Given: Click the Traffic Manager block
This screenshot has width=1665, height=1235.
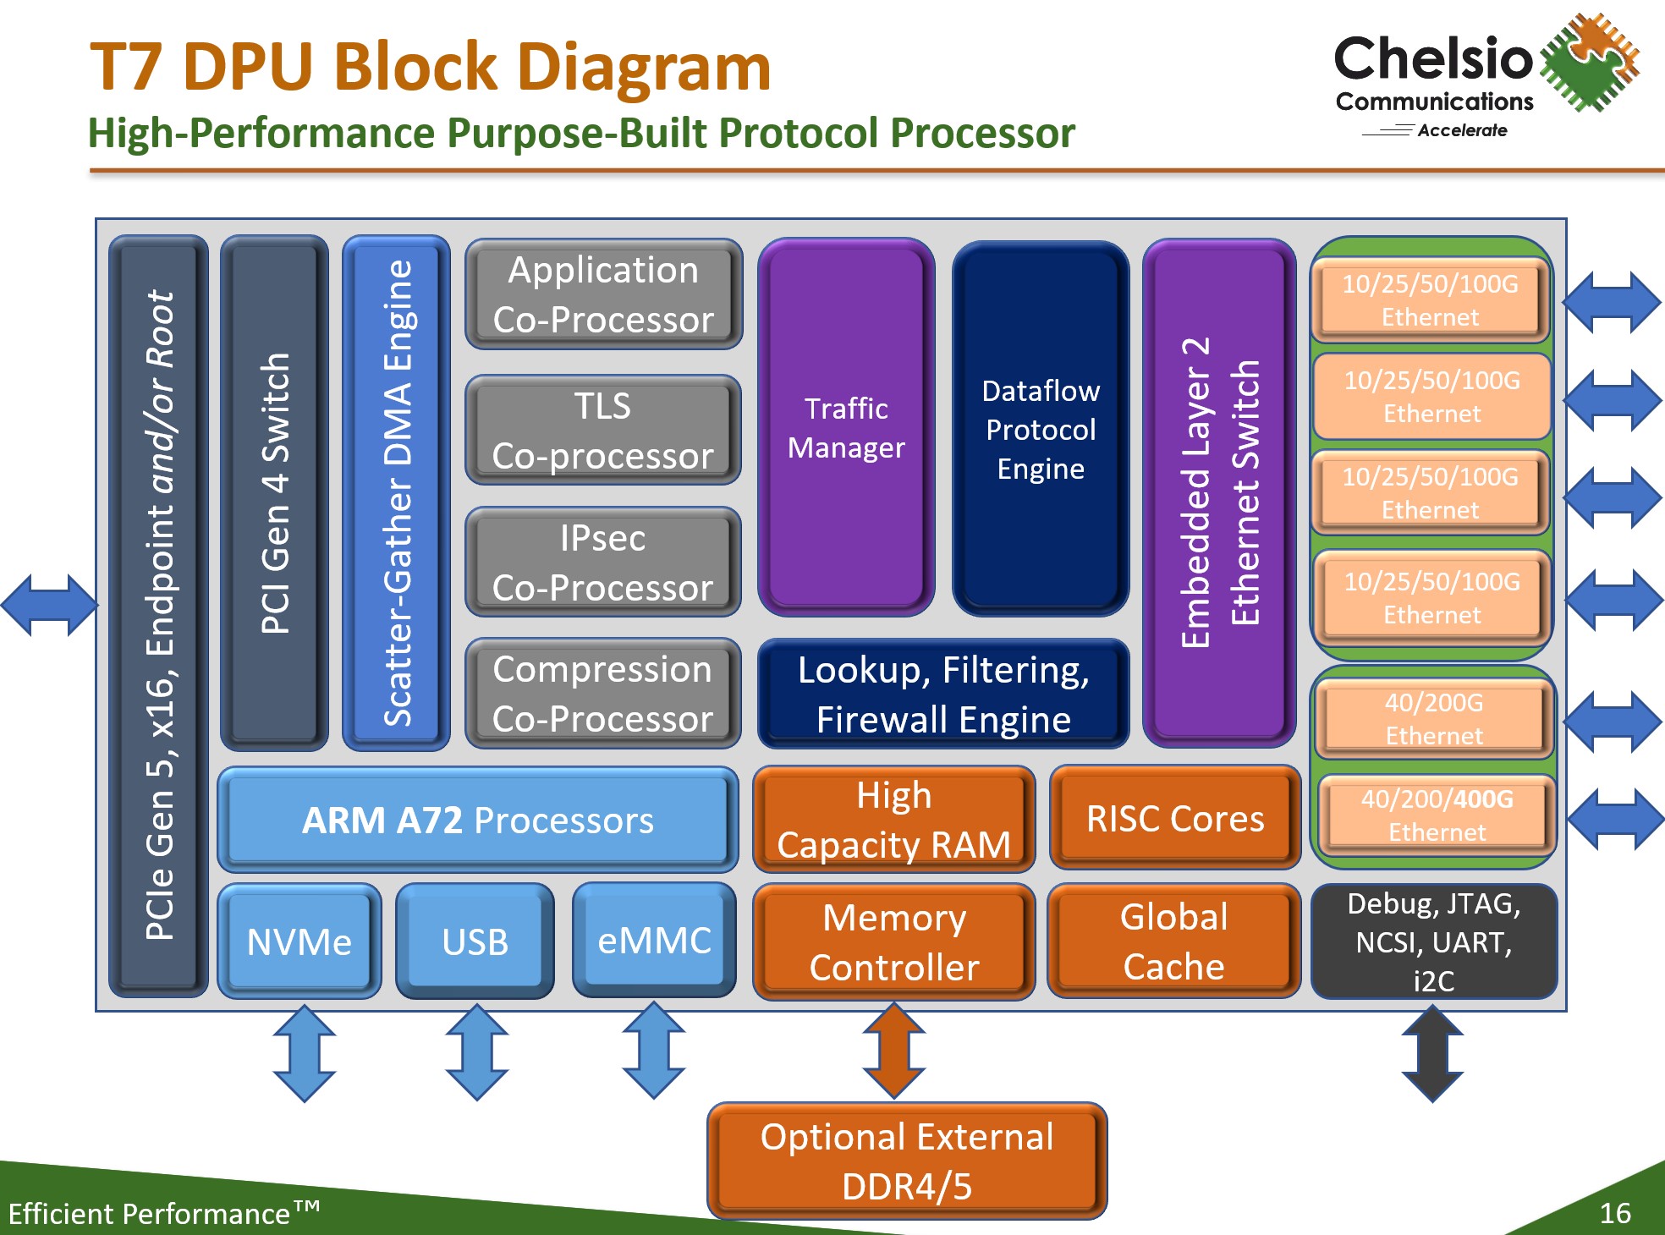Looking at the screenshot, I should click(x=846, y=428).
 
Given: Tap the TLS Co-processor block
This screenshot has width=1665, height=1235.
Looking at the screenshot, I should click(x=603, y=431).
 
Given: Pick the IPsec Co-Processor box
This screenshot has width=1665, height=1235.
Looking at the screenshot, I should click(x=603, y=563).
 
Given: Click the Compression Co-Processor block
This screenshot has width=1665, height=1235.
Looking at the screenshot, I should click(x=603, y=694).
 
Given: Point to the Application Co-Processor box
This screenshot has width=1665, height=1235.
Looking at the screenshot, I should click(x=603, y=294).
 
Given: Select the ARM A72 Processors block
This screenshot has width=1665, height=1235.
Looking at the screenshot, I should click(x=478, y=820).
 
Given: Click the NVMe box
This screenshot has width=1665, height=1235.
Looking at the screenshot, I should click(x=299, y=941).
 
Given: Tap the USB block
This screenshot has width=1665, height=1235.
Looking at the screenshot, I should click(x=475, y=941).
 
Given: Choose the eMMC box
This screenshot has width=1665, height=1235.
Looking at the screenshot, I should click(x=654, y=940).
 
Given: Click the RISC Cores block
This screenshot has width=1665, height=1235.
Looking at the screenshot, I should click(x=1175, y=818).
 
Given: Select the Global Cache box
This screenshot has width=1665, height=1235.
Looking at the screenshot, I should click(x=1174, y=941).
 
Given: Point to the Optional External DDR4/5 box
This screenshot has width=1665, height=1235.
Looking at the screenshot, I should click(x=907, y=1161).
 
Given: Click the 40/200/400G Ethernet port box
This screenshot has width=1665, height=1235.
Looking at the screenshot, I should click(x=1437, y=815).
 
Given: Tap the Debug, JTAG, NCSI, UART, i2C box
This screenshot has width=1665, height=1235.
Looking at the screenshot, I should click(x=1434, y=941).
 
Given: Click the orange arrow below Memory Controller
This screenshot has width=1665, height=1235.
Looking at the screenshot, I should click(x=894, y=1051).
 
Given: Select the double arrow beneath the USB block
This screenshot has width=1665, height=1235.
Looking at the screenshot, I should click(x=477, y=1052).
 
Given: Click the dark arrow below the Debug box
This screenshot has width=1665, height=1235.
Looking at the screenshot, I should click(x=1432, y=1053).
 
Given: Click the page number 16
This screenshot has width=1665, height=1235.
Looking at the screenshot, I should click(x=1614, y=1213).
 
